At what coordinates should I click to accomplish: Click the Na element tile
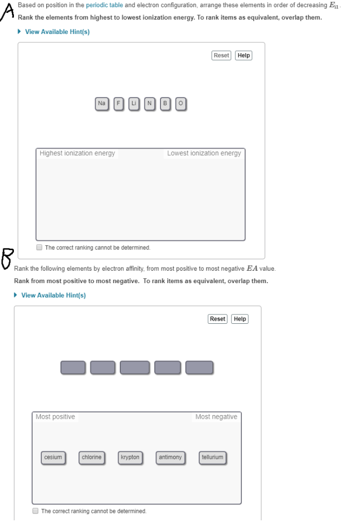(x=101, y=104)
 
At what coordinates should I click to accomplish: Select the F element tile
(x=118, y=104)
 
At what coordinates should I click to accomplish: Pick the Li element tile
(x=134, y=104)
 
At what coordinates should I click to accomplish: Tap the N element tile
(x=150, y=104)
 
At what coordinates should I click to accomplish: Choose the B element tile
(x=165, y=104)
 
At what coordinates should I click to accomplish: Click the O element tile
(x=180, y=104)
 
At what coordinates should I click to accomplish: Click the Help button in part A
(x=243, y=55)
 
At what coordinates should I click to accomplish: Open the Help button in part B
(x=240, y=319)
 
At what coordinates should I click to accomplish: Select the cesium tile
(x=53, y=457)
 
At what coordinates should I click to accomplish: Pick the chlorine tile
(x=92, y=457)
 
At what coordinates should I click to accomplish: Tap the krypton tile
(x=130, y=457)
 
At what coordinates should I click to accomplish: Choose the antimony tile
(x=170, y=457)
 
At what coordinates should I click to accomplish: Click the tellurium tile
(x=212, y=457)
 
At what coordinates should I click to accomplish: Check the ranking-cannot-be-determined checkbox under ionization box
(x=40, y=247)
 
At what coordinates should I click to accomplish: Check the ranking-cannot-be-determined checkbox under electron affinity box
(x=36, y=511)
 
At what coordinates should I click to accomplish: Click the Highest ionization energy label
(x=77, y=153)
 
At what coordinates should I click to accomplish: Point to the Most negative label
(x=216, y=417)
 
